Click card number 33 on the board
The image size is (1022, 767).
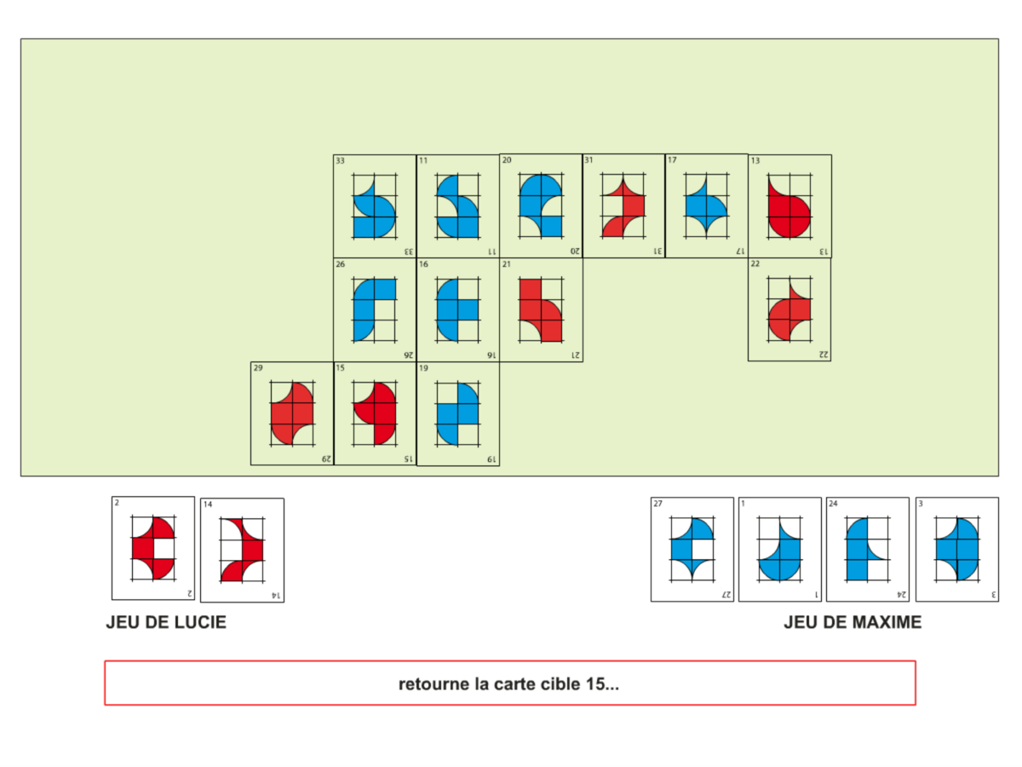point(375,206)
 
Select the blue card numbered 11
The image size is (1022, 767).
point(457,206)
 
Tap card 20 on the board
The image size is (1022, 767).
point(541,206)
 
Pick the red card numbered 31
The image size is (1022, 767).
point(623,206)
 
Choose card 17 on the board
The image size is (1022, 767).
point(706,206)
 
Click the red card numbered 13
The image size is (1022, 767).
point(789,206)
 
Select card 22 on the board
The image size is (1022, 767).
point(789,310)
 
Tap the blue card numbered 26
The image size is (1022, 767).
point(375,310)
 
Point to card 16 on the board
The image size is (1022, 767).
point(457,310)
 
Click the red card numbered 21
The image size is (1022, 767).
point(541,310)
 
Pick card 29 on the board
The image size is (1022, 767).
point(292,413)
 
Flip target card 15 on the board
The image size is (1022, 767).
point(375,413)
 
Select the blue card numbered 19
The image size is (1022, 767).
point(457,413)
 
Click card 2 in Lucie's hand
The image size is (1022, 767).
point(153,549)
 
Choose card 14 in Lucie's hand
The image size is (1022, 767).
point(242,551)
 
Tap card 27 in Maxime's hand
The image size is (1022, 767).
point(692,550)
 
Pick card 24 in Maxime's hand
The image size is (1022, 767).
point(867,550)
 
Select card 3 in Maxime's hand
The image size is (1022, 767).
point(956,550)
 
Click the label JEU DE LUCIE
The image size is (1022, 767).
point(166,623)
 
